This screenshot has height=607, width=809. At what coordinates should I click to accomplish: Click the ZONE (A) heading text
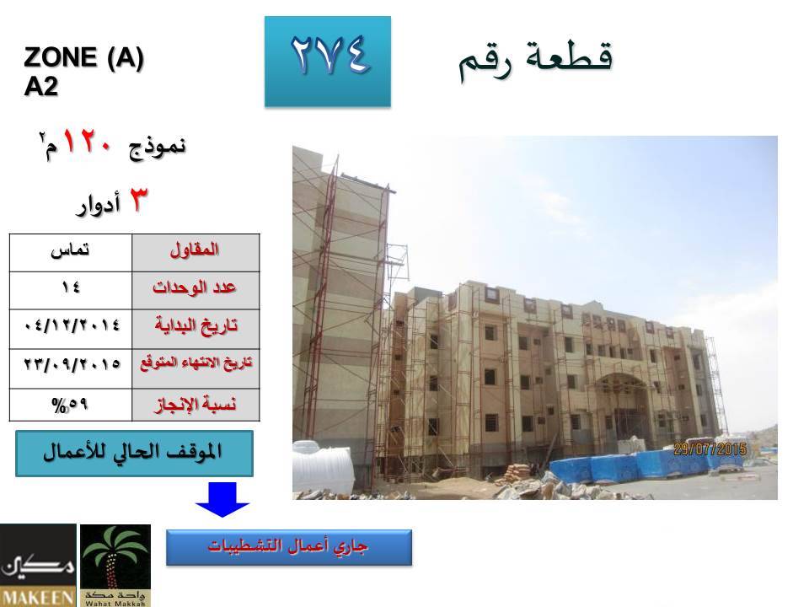tap(83, 56)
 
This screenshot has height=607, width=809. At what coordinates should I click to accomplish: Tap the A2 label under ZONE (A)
tap(40, 86)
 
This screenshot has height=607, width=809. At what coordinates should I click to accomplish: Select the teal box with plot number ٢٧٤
tap(328, 62)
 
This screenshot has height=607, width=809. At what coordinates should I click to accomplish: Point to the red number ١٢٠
tap(87, 141)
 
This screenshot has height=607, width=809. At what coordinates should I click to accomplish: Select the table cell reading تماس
tap(70, 252)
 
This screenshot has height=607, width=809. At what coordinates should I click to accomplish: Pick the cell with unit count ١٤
tap(70, 290)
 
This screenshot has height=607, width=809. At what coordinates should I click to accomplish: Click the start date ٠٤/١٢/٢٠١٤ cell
tap(70, 329)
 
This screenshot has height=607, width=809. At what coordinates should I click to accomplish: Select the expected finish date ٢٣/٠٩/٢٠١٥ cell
tap(70, 368)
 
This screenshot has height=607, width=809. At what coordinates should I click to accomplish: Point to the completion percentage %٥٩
tap(70, 405)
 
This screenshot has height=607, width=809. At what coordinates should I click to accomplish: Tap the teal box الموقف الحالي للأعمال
tap(134, 454)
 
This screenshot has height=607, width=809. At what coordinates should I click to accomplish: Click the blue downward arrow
tap(222, 499)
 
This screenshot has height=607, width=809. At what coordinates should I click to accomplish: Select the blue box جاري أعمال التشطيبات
tap(289, 547)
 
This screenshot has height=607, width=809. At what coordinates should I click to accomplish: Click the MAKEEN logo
tap(38, 565)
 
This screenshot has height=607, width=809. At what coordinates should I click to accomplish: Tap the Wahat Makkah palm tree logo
tap(115, 565)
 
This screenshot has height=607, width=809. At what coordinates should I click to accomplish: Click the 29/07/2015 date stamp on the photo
tap(710, 449)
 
